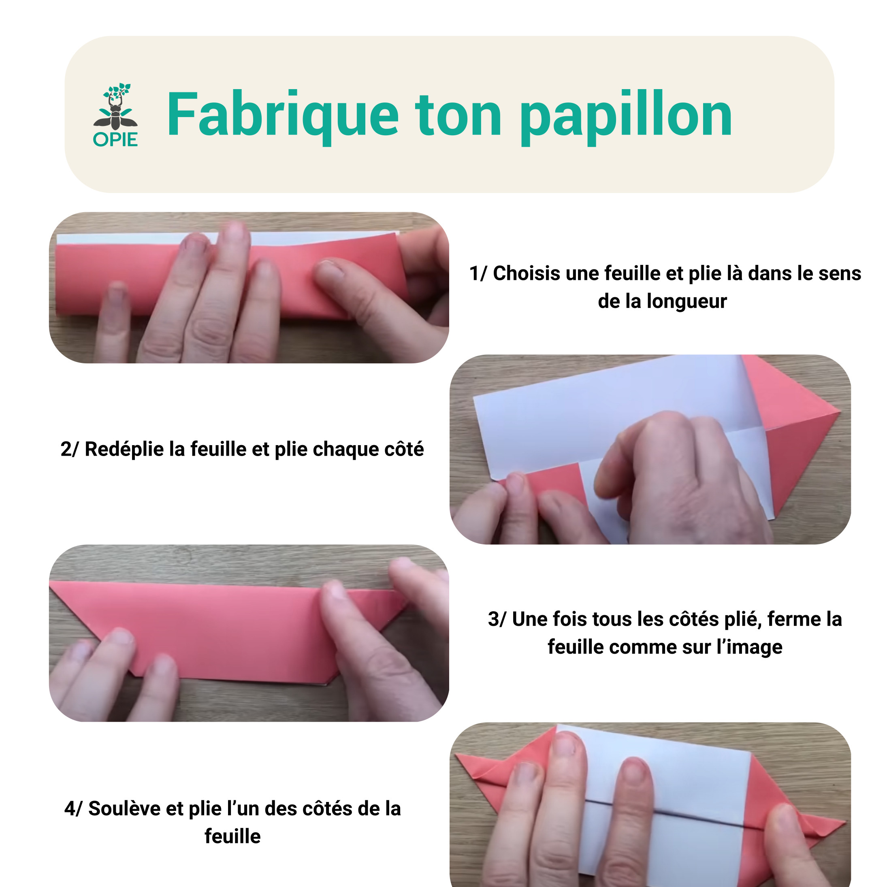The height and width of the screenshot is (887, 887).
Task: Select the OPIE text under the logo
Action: pos(115,140)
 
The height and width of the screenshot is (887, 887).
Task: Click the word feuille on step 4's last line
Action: pos(233,836)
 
